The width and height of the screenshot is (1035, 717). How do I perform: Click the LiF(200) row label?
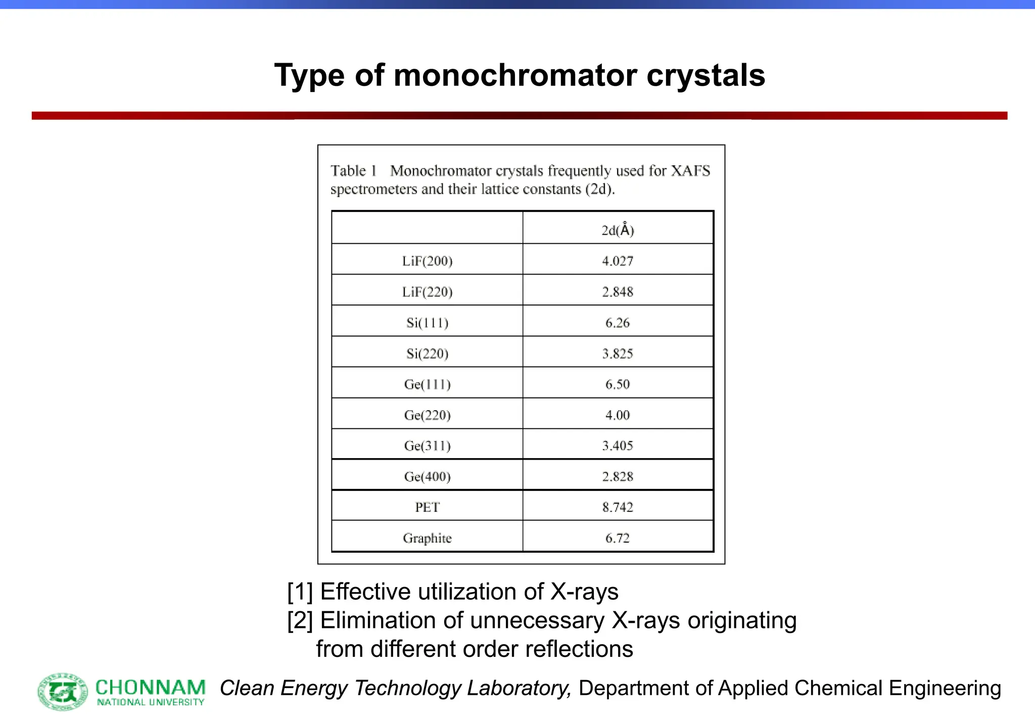427,261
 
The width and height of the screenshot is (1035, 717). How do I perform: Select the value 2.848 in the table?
617,292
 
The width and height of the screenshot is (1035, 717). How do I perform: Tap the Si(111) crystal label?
427,323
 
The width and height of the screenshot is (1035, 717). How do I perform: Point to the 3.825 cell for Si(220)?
617,353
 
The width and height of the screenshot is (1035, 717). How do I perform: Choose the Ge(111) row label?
427,384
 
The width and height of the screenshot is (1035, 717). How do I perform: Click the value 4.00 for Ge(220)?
617,415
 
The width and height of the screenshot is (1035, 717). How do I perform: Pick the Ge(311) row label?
427,445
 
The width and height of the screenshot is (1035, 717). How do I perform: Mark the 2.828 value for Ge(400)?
617,476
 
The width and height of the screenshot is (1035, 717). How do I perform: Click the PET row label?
427,507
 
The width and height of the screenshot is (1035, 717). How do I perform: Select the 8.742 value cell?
617,507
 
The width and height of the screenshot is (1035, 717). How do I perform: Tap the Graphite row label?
427,538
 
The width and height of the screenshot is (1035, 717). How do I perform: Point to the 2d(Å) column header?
617,230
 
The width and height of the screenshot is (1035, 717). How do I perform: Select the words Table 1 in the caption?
354,171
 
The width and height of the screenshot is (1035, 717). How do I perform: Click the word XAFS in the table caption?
690,171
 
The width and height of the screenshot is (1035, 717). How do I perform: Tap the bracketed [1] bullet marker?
300,592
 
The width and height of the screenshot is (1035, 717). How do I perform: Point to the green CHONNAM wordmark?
150,688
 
